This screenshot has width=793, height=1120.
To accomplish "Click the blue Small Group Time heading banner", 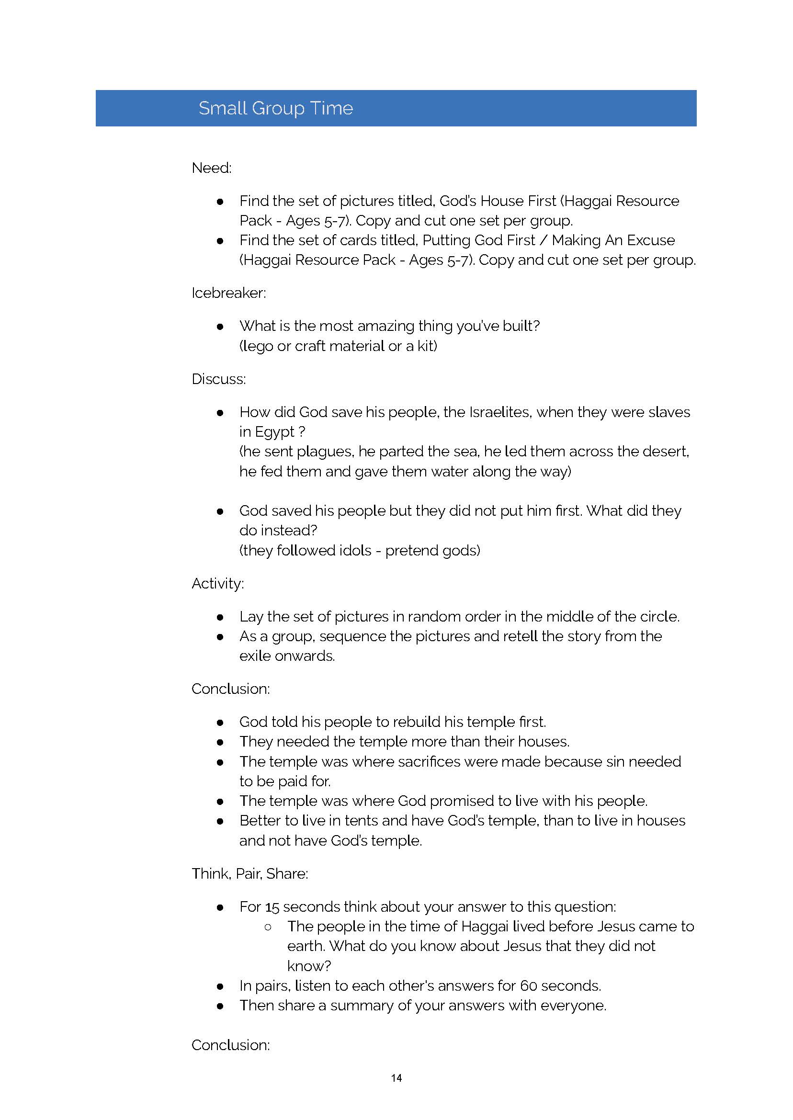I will [x=396, y=108].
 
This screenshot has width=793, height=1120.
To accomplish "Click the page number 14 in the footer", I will [x=396, y=1078].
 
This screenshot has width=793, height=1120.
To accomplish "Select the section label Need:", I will [x=212, y=168].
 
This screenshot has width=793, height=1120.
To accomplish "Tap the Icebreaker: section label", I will [x=228, y=293].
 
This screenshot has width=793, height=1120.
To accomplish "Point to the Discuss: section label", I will [x=218, y=379].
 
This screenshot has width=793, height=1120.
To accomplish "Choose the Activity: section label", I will [x=217, y=583].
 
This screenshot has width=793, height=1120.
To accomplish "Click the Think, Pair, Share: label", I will [x=249, y=873].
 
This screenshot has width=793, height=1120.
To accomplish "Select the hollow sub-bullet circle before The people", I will [x=267, y=927].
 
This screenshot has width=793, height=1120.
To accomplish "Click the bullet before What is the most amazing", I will [x=220, y=327].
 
